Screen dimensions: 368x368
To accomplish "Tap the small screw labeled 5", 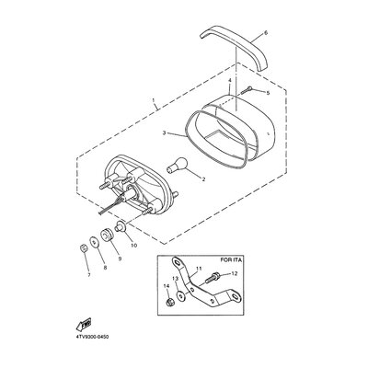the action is [247, 90].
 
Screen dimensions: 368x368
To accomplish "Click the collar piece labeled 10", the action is [120, 227].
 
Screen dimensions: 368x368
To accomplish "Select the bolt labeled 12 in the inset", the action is [213, 278].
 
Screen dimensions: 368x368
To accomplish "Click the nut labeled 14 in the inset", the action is [169, 303].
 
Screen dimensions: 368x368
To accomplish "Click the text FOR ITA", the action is [231, 260].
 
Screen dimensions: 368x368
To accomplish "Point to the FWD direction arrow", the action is [84, 324].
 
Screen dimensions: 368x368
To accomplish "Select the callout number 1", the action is [154, 100].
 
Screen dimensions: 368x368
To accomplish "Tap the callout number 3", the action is [164, 132].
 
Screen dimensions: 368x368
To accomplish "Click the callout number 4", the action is [229, 80].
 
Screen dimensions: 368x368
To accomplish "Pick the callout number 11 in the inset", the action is [199, 269].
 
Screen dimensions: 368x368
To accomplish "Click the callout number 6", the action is [266, 33].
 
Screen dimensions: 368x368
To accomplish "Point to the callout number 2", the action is [202, 179].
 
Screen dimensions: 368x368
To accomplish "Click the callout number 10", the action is [133, 246].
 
